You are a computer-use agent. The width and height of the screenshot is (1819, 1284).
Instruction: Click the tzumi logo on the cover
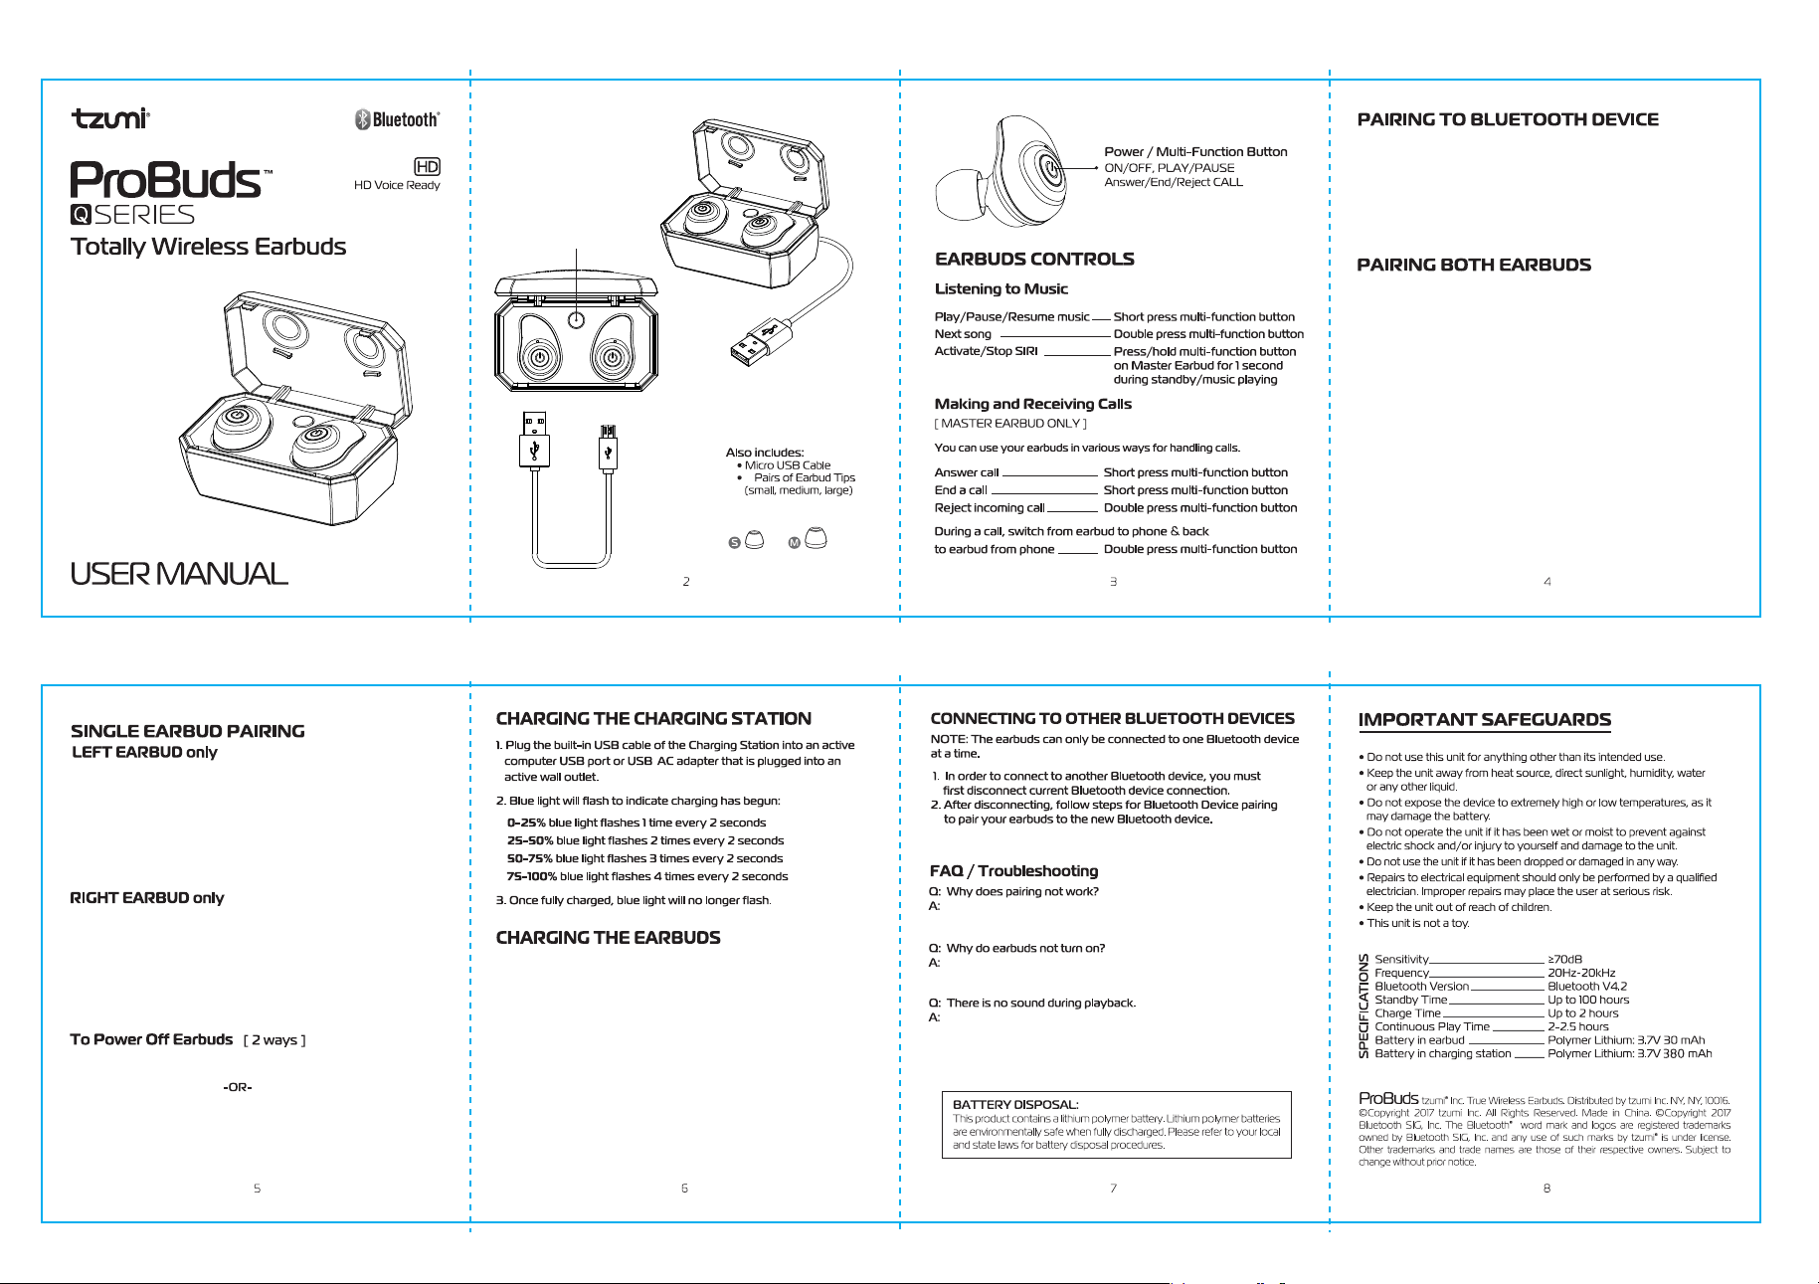click(x=110, y=118)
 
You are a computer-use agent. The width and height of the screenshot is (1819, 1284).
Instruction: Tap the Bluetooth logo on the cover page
click(x=397, y=119)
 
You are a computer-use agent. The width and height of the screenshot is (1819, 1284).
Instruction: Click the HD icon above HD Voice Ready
click(x=427, y=167)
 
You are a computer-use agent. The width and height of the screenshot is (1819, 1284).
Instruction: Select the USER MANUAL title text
click(x=179, y=574)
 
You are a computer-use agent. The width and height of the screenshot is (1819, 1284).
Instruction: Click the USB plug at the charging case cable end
click(x=754, y=344)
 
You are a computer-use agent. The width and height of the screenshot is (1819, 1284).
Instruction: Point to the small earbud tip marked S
click(x=754, y=540)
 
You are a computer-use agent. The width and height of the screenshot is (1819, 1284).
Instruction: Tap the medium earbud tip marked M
click(x=816, y=538)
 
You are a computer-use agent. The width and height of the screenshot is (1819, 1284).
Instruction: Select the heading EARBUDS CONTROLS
click(x=1034, y=260)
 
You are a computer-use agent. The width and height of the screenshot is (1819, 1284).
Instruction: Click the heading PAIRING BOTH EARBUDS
click(x=1474, y=265)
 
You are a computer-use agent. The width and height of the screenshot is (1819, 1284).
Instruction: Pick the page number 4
click(x=1547, y=582)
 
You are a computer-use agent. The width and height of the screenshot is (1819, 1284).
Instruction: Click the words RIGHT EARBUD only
click(x=147, y=898)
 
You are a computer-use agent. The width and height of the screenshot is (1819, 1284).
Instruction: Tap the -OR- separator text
click(x=238, y=1087)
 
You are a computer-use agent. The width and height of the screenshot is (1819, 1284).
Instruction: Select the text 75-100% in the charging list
click(x=531, y=876)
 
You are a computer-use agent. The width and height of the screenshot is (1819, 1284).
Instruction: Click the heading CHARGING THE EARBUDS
click(x=608, y=938)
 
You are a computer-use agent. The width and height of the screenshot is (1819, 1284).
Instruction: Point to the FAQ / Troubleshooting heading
click(x=1014, y=871)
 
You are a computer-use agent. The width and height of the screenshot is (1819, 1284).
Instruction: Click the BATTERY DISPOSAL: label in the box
click(x=1015, y=1105)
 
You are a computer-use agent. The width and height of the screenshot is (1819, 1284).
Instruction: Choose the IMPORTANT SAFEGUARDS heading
click(x=1485, y=720)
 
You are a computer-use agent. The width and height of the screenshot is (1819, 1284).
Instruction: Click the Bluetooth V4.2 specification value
click(x=1587, y=987)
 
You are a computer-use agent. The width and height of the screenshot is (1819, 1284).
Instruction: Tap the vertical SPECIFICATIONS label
click(x=1364, y=1007)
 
